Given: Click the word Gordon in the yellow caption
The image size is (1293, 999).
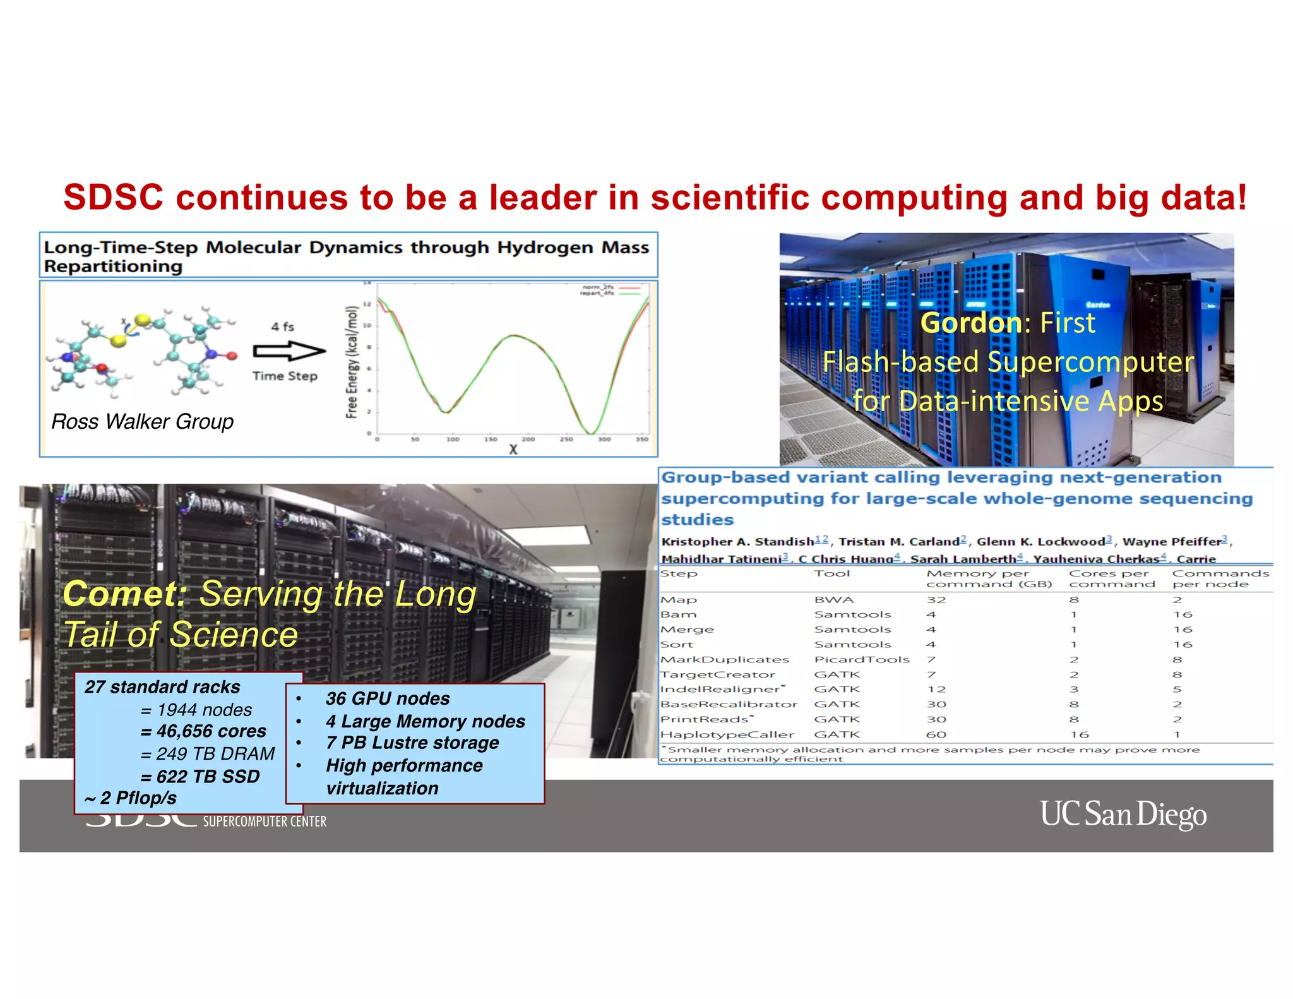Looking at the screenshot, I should pyautogui.click(x=970, y=323).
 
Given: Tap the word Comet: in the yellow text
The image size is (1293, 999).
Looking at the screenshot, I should pyautogui.click(x=125, y=594).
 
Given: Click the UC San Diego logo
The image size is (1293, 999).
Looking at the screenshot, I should pyautogui.click(x=1123, y=814).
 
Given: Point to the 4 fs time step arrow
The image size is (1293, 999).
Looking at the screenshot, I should pyautogui.click(x=289, y=350).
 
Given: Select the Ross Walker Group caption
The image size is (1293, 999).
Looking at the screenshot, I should pyautogui.click(x=142, y=421).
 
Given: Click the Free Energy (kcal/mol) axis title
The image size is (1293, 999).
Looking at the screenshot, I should pyautogui.click(x=352, y=362).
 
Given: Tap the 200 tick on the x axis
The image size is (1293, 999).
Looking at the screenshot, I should pyautogui.click(x=528, y=439).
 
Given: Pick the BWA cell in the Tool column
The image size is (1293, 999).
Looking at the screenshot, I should pyautogui.click(x=833, y=599).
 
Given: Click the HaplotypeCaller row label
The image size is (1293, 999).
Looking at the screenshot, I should pyautogui.click(x=727, y=734).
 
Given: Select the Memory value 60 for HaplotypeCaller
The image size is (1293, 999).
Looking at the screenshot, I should pyautogui.click(x=936, y=734).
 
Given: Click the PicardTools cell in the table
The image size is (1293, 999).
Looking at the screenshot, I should pyautogui.click(x=861, y=659).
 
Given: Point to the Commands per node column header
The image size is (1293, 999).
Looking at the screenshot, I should pyautogui.click(x=1219, y=578).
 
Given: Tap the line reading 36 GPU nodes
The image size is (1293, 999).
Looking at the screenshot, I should pyautogui.click(x=388, y=698).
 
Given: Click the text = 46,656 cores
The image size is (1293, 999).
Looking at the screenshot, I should pyautogui.click(x=203, y=731).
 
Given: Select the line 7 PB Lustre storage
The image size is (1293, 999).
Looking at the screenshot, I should pyautogui.click(x=412, y=743).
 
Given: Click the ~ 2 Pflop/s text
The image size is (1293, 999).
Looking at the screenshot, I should pyautogui.click(x=131, y=798).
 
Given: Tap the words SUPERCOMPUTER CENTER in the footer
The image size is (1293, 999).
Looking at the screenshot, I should pyautogui.click(x=265, y=822).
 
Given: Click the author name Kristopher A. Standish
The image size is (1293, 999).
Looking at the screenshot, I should pyautogui.click(x=737, y=541).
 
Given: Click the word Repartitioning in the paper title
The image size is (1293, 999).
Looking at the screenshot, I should pyautogui.click(x=113, y=266).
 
